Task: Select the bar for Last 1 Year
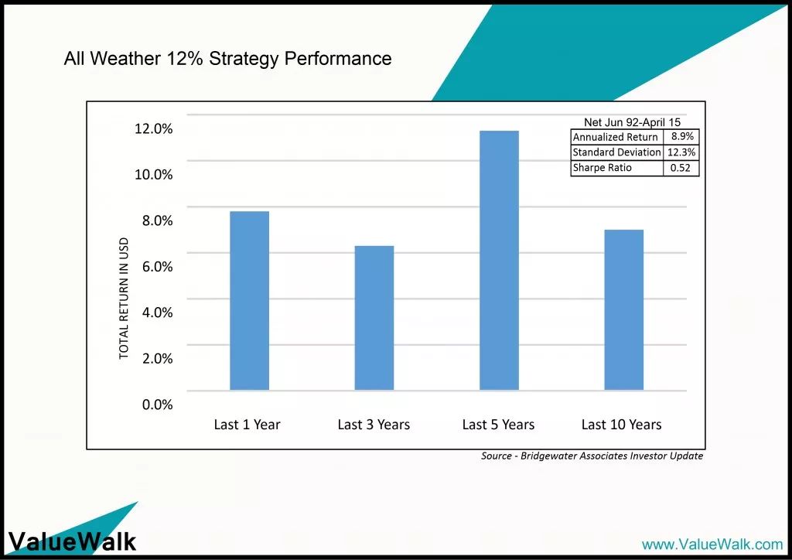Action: click(x=250, y=300)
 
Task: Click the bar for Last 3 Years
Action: click(x=374, y=318)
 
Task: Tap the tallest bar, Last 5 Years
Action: click(x=499, y=260)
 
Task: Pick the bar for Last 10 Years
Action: click(x=624, y=309)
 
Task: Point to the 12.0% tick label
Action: click(x=154, y=128)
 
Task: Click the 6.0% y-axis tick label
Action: click(x=157, y=267)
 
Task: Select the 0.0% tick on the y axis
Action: click(x=157, y=405)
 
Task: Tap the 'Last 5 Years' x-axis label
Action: click(x=498, y=425)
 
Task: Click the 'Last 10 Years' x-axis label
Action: click(x=621, y=425)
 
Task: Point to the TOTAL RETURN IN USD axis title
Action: click(x=124, y=299)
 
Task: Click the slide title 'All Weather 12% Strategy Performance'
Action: click(x=228, y=59)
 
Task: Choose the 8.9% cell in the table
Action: click(x=682, y=136)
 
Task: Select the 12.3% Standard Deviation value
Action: click(x=681, y=152)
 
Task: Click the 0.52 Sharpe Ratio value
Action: click(x=681, y=168)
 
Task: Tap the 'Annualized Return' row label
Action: click(x=615, y=137)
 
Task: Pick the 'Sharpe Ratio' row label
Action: click(x=602, y=168)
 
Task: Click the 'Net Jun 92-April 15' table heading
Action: click(x=633, y=122)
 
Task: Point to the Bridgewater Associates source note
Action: click(x=592, y=456)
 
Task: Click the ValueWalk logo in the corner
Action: click(x=72, y=541)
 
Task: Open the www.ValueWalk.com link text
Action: click(x=712, y=545)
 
